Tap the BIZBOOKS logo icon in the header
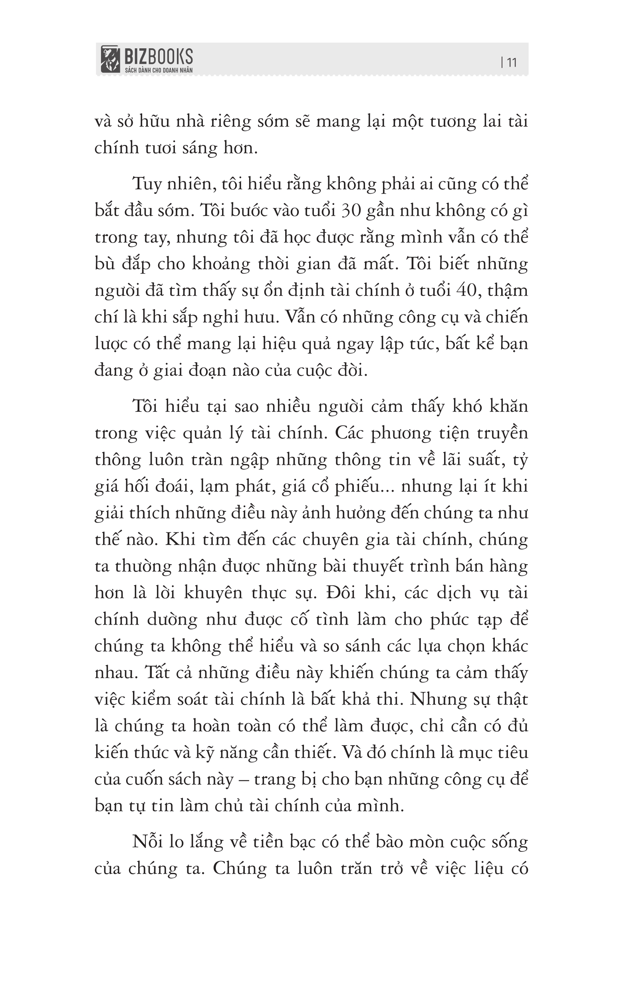click(110, 60)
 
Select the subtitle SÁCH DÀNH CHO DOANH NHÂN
click(159, 70)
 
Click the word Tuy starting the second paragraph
click(147, 185)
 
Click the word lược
click(111, 344)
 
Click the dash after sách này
click(243, 780)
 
